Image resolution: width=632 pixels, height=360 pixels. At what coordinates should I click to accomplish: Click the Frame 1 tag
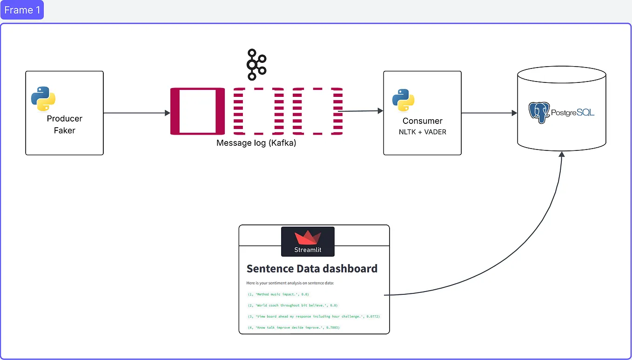pyautogui.click(x=22, y=10)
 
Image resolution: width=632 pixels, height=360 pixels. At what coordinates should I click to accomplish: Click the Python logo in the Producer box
pyautogui.click(x=43, y=98)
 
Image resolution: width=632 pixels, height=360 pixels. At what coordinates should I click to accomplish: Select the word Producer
pyautogui.click(x=64, y=118)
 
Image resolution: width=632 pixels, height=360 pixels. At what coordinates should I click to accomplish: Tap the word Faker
pyautogui.click(x=64, y=130)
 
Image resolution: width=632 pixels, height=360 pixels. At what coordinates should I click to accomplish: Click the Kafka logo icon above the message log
pyautogui.click(x=256, y=64)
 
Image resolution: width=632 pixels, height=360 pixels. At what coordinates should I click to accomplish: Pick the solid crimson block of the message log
pyautogui.click(x=198, y=111)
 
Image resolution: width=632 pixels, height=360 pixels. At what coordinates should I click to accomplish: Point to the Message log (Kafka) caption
pyautogui.click(x=256, y=143)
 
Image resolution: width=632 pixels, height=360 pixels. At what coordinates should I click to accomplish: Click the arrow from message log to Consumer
pyautogui.click(x=363, y=111)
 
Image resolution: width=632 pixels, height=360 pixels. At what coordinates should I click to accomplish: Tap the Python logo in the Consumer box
pyautogui.click(x=403, y=99)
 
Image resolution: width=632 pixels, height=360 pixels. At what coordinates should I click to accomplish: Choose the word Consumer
pyautogui.click(x=422, y=121)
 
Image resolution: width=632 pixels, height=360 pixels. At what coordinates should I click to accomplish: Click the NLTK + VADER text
pyautogui.click(x=422, y=132)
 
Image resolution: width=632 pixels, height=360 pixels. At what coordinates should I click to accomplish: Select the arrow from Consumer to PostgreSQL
pyautogui.click(x=489, y=113)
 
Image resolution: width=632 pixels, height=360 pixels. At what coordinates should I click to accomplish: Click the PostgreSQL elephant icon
pyautogui.click(x=539, y=112)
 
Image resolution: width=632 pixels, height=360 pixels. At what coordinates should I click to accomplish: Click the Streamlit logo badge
pyautogui.click(x=308, y=241)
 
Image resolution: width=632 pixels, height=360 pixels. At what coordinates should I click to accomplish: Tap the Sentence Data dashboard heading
pyautogui.click(x=312, y=269)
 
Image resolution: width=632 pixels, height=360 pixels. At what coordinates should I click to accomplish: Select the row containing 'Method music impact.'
pyautogui.click(x=278, y=294)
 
